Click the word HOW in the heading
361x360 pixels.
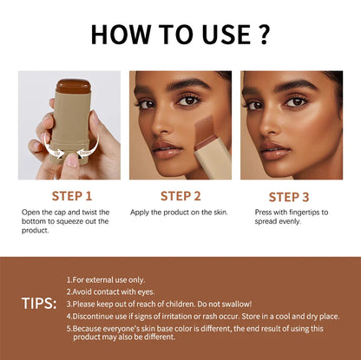pos(121,35)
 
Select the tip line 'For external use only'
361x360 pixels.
pos(108,279)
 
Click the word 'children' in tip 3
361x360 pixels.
pos(200,304)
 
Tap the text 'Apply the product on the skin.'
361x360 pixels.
pos(179,212)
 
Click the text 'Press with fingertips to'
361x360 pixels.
pos(292,212)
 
